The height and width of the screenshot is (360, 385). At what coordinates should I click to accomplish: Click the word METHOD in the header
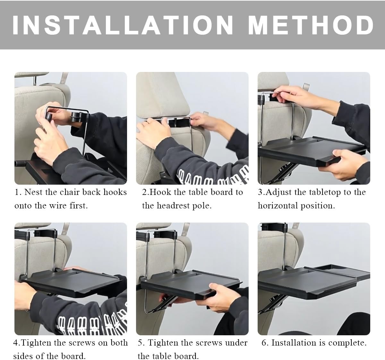coord(311,25)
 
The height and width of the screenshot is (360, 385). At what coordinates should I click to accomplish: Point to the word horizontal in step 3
coord(278,206)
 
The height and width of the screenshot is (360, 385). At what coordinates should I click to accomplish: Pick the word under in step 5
coord(236,343)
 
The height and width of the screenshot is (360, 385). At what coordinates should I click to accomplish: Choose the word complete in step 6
coord(347,343)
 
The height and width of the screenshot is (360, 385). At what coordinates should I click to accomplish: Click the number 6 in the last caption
coord(264,343)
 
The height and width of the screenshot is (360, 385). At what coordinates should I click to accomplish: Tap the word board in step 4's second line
coord(73,356)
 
